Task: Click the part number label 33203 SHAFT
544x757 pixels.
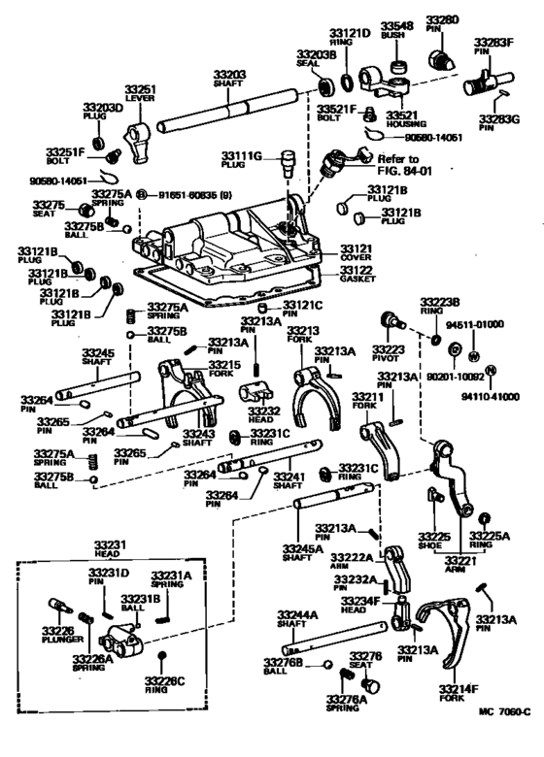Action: point(229,78)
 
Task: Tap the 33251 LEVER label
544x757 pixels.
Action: point(142,93)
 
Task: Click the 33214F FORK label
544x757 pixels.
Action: point(460,693)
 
